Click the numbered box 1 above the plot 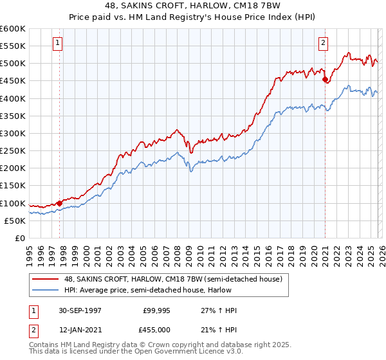click(x=58, y=43)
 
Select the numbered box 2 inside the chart click(x=323, y=43)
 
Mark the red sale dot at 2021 click(x=326, y=80)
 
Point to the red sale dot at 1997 click(x=60, y=203)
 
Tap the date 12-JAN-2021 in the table click(x=79, y=329)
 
